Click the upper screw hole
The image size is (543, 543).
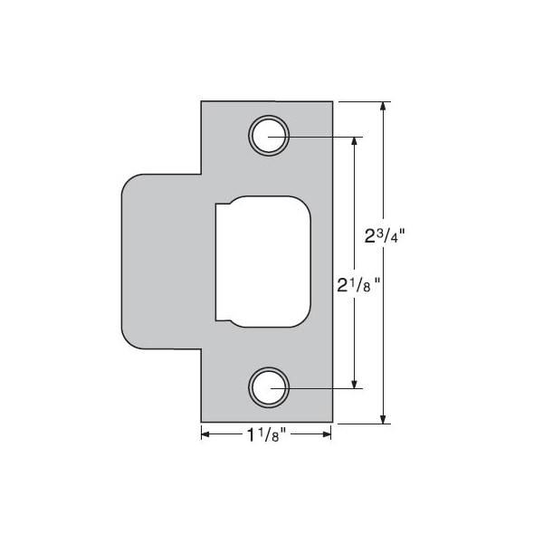coord(269,138)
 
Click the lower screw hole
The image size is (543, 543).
coord(269,389)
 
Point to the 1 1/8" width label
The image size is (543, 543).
coord(265,435)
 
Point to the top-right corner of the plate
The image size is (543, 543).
coord(332,102)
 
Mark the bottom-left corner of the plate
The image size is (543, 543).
coord(202,421)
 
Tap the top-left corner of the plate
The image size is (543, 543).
coord(202,102)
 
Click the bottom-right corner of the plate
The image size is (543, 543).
coord(332,421)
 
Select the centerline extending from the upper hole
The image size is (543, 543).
coord(326,138)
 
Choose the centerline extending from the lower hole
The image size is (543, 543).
coord(326,389)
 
